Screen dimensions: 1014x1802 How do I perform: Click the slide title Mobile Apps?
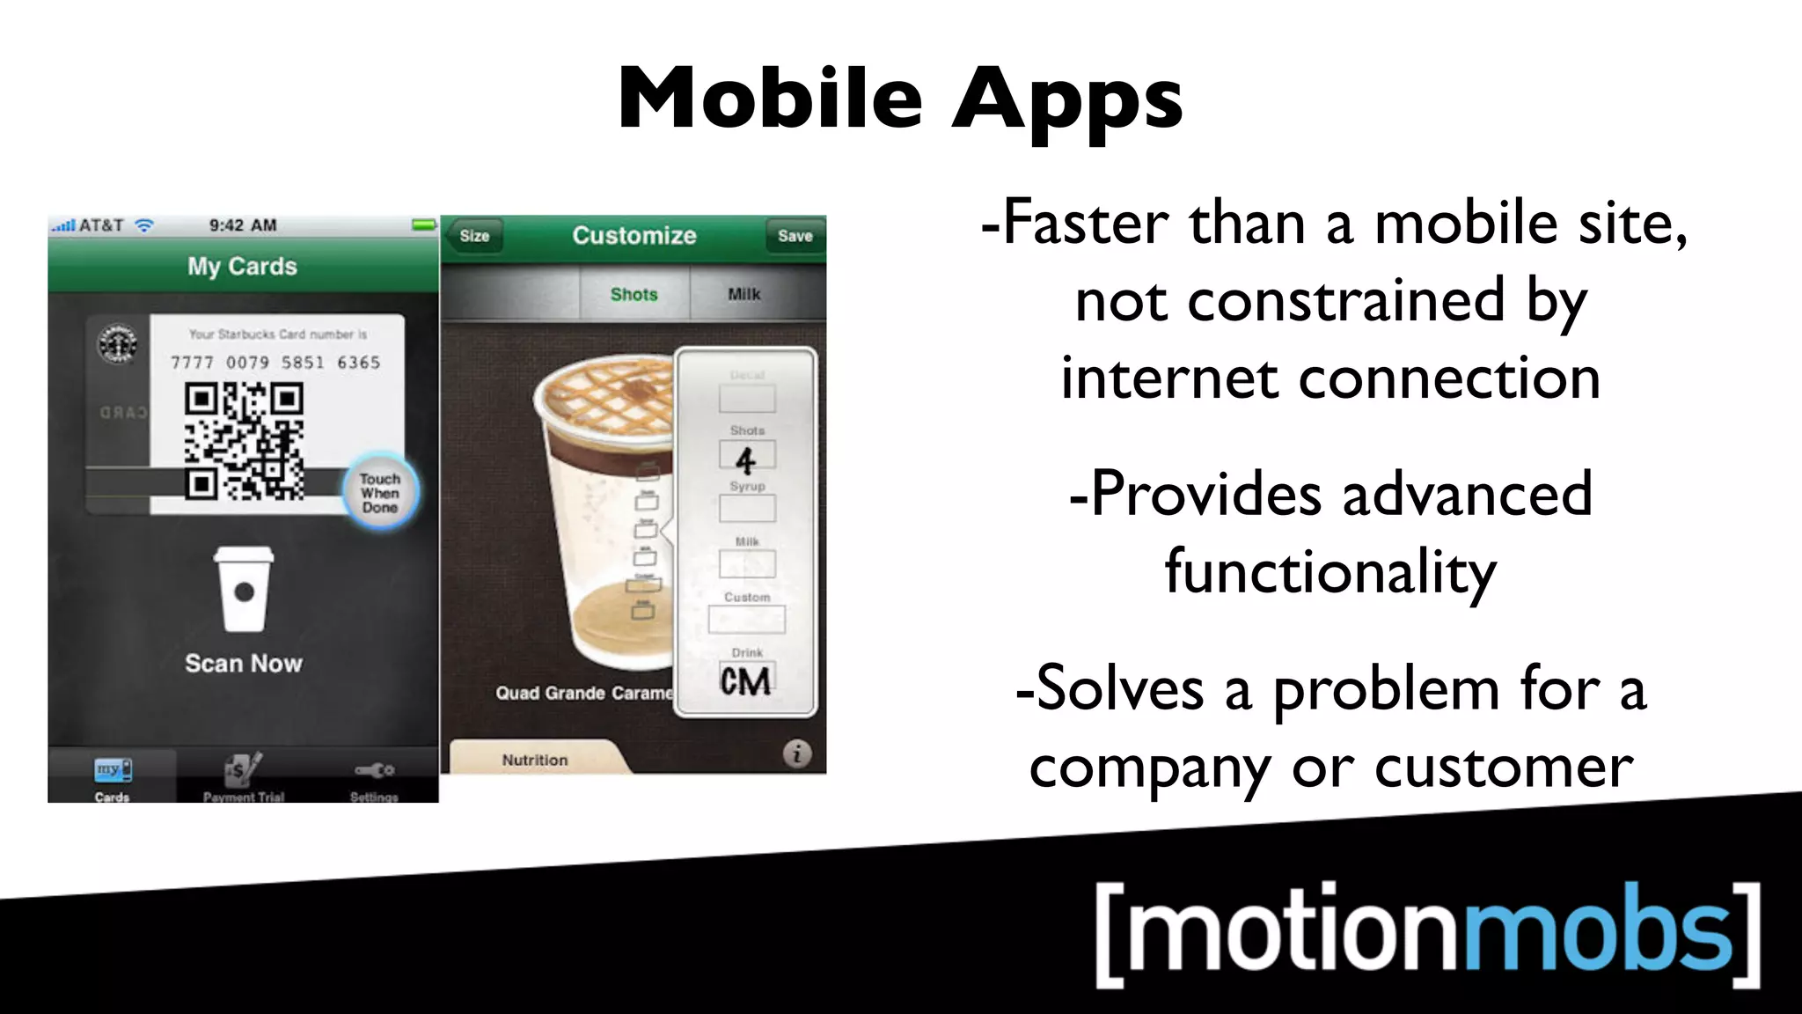click(x=900, y=99)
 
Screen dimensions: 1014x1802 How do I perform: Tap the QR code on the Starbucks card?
click(x=244, y=441)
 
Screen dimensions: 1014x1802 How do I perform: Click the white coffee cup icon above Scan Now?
click(x=244, y=589)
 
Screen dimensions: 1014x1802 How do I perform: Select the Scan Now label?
click(x=244, y=663)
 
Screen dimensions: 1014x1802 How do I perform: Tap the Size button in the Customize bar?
click(x=474, y=236)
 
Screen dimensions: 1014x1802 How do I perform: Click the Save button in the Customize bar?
click(x=795, y=236)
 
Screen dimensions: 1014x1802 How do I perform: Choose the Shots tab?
click(x=634, y=294)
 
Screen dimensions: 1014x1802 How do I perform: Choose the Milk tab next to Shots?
click(x=744, y=294)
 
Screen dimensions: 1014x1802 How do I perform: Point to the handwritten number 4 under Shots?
click(x=746, y=459)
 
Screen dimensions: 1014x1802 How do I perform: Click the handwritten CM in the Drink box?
click(x=745, y=681)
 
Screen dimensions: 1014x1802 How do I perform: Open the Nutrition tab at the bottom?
click(x=535, y=759)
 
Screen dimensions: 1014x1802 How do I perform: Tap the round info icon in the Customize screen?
click(x=797, y=753)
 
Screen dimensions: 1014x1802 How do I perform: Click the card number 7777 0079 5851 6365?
click(x=275, y=363)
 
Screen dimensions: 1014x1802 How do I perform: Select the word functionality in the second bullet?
click(x=1330, y=572)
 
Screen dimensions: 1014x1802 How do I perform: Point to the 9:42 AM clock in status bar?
click(x=243, y=225)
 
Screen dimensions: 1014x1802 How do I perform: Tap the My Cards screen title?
click(x=242, y=266)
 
